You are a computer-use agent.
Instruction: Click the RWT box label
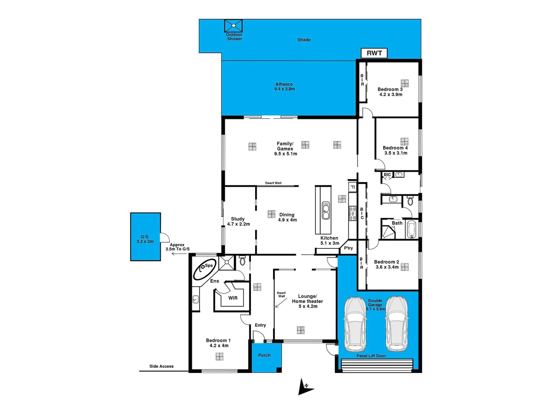(374, 53)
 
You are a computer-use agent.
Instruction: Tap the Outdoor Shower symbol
(233, 26)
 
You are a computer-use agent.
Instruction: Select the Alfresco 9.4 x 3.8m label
(284, 87)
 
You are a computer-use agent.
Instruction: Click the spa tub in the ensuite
(204, 269)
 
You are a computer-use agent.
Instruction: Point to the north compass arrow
(305, 387)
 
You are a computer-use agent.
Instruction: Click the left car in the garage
(355, 324)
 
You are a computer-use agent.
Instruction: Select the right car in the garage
(397, 324)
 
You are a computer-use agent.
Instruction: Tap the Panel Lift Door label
(371, 356)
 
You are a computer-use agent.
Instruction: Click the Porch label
(264, 355)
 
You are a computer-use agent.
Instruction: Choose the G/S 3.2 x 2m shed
(145, 237)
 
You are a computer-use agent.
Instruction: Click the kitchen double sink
(326, 212)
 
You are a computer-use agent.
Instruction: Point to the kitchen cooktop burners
(352, 214)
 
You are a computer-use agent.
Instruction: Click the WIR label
(233, 298)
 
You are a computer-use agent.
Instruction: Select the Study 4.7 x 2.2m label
(238, 222)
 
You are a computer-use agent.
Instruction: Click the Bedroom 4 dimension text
(396, 153)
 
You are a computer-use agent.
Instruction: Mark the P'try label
(348, 248)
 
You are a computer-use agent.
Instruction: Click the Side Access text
(161, 366)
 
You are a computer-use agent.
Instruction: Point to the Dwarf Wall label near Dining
(273, 183)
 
